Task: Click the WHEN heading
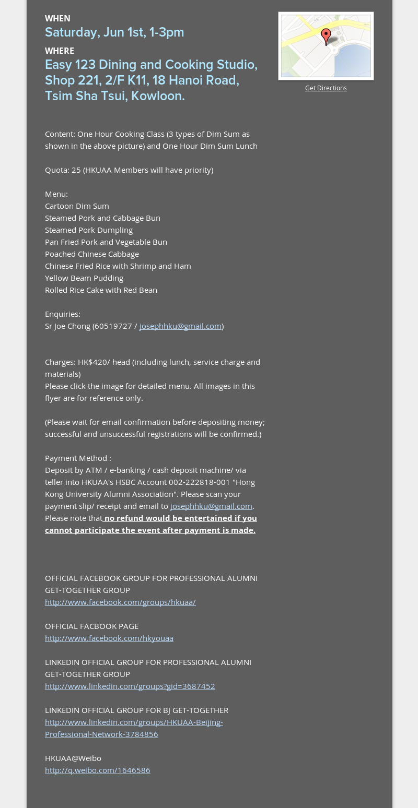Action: pyautogui.click(x=57, y=19)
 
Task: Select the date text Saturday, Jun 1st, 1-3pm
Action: pyautogui.click(x=114, y=32)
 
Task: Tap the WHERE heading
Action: pyautogui.click(x=60, y=51)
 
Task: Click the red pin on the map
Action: pyautogui.click(x=326, y=36)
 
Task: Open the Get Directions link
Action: pyautogui.click(x=326, y=88)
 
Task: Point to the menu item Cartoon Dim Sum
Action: pyautogui.click(x=77, y=206)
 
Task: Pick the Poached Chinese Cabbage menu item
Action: pyautogui.click(x=92, y=254)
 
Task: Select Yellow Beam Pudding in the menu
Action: pyautogui.click(x=84, y=278)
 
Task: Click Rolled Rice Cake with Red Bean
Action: pyautogui.click(x=101, y=290)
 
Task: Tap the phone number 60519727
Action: pyautogui.click(x=113, y=326)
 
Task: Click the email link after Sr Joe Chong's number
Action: pyautogui.click(x=180, y=326)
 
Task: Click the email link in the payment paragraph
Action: pyautogui.click(x=211, y=506)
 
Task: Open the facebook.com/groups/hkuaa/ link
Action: pyautogui.click(x=120, y=602)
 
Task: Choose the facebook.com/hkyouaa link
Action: pyautogui.click(x=109, y=638)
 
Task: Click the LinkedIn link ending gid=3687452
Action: pyautogui.click(x=130, y=686)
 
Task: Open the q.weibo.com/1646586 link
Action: pyautogui.click(x=98, y=770)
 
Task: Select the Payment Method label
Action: pyautogui.click(x=78, y=458)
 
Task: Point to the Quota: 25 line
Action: pyautogui.click(x=129, y=170)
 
